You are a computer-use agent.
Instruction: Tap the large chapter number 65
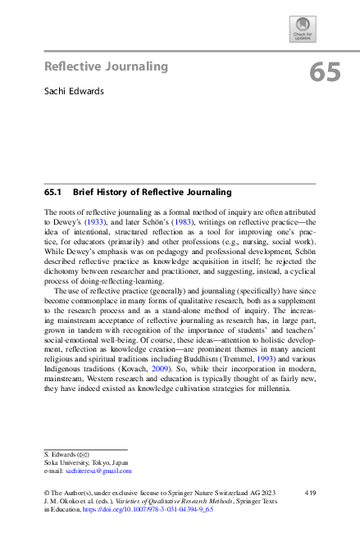pyautogui.click(x=325, y=74)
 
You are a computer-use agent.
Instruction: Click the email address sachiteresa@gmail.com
pyautogui.click(x=96, y=471)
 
